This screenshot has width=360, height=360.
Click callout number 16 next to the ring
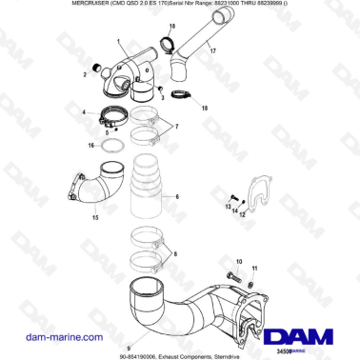pos(90,147)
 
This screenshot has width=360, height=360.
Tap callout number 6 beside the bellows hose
pos(177,198)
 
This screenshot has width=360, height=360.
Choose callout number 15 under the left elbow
pos(94,218)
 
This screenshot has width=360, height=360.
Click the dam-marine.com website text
pos(51,337)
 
